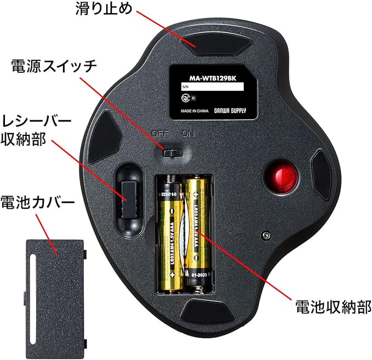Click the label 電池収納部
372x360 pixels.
tap(334, 305)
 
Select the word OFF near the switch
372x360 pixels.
tap(160, 134)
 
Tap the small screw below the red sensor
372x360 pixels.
tap(266, 235)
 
